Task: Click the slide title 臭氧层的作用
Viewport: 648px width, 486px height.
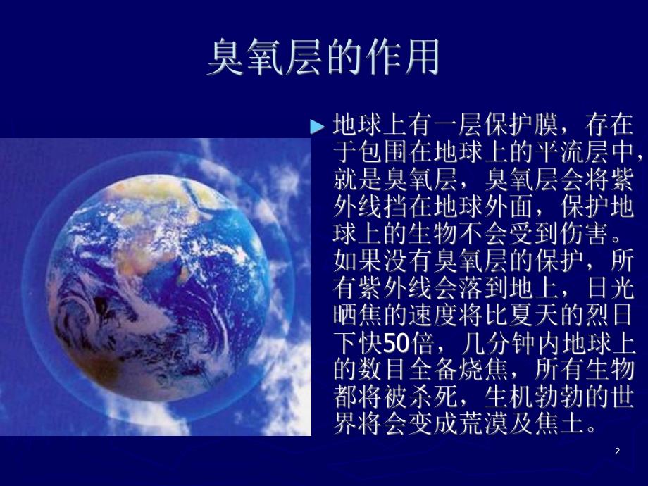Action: [x=323, y=58]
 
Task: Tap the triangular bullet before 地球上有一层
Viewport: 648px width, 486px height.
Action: [x=318, y=127]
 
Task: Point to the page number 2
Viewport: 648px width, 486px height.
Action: [x=617, y=451]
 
